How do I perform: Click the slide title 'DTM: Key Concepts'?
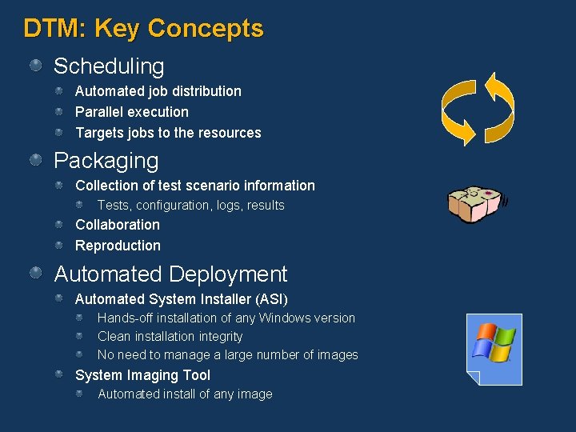click(x=143, y=29)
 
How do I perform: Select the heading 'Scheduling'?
click(x=109, y=66)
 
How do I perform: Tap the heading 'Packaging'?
click(x=106, y=161)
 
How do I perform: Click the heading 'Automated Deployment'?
click(x=170, y=274)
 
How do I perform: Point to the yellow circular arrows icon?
click(x=478, y=109)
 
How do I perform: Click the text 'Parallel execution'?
click(x=132, y=112)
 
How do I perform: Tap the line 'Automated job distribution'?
click(x=158, y=91)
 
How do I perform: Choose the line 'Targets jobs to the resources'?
click(x=168, y=133)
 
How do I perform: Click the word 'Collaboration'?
click(x=118, y=225)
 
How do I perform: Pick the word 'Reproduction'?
click(x=118, y=246)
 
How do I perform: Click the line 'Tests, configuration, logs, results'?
click(x=191, y=206)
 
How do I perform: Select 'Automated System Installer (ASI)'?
click(x=182, y=299)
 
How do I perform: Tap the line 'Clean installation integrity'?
click(x=170, y=337)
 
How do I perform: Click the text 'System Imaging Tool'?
click(x=143, y=375)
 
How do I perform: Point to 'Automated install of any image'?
click(x=185, y=394)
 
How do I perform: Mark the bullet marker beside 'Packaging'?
click(x=37, y=160)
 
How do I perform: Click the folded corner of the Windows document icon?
click(x=474, y=378)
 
